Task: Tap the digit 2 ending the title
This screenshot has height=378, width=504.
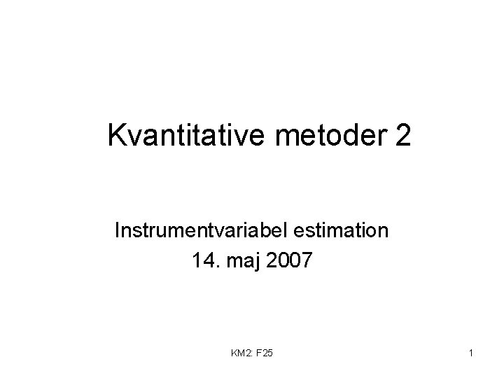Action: (402, 135)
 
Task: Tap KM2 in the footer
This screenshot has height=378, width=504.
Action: (240, 354)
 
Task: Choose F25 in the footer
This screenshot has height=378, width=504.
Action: (265, 354)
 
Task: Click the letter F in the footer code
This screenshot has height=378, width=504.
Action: (259, 354)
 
